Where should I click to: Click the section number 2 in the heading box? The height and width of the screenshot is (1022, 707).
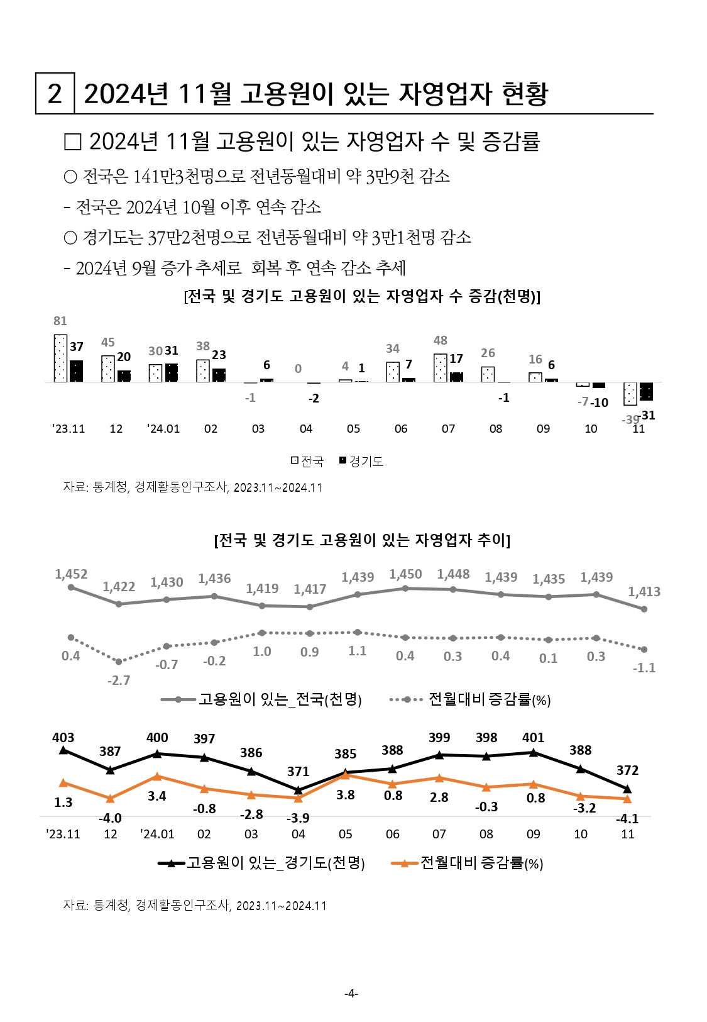[55, 94]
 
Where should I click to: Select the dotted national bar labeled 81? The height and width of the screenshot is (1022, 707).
[60, 358]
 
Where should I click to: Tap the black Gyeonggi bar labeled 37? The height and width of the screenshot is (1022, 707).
[76, 371]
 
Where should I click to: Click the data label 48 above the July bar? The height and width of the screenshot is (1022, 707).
[441, 340]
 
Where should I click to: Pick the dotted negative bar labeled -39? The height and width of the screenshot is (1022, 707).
[630, 394]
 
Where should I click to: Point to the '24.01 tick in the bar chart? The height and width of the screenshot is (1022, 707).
[163, 429]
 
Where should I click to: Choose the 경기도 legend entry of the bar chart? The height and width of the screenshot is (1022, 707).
[361, 461]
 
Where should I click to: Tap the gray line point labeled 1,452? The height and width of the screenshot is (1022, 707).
[71, 587]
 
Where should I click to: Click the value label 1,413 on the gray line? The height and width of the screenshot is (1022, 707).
[644, 592]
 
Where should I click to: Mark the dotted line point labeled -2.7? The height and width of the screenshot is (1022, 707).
[119, 662]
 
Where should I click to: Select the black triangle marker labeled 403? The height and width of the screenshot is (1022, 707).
[63, 750]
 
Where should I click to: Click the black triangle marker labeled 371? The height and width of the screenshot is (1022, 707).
[299, 790]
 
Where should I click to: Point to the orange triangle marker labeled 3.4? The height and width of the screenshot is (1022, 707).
[157, 777]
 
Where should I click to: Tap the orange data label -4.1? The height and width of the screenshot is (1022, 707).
[627, 819]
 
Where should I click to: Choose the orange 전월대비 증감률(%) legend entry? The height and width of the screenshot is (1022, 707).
[468, 863]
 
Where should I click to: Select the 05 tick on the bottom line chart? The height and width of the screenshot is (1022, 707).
[345, 835]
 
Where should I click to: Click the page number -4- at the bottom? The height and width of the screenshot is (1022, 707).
[351, 994]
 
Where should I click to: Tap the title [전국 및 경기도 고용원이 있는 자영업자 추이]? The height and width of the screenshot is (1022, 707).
[362, 540]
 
